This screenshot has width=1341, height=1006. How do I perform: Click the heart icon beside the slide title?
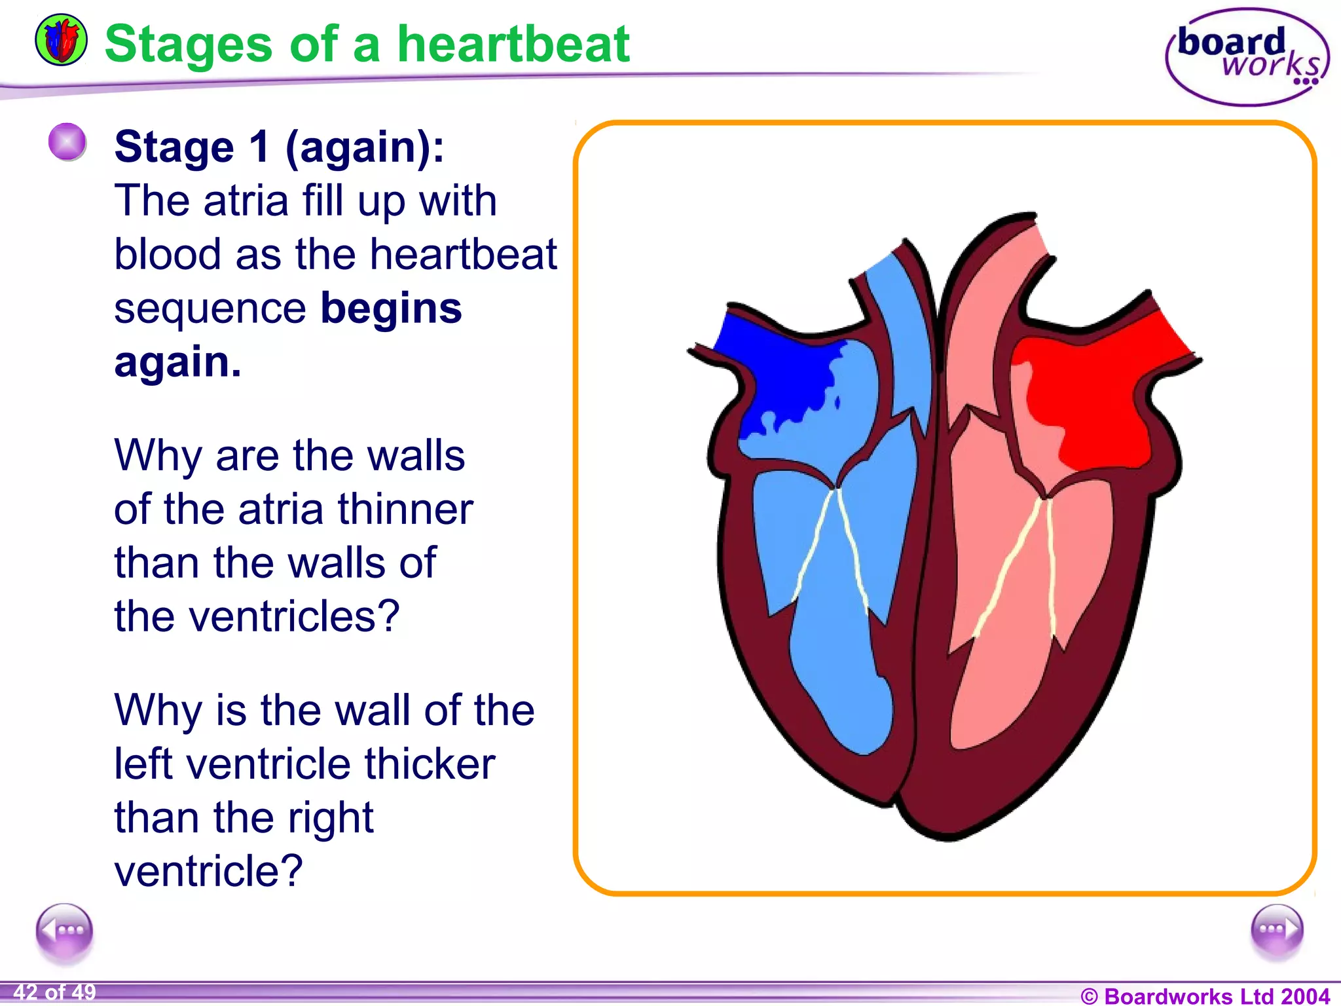click(x=61, y=41)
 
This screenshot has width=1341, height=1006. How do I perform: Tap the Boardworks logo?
click(x=1247, y=58)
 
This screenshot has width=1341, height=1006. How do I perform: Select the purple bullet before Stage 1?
click(x=67, y=141)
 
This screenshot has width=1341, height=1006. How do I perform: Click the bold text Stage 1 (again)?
click(x=279, y=147)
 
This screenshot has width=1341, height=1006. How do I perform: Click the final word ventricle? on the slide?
click(x=208, y=871)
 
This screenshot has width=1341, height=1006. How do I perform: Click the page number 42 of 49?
click(x=54, y=992)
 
